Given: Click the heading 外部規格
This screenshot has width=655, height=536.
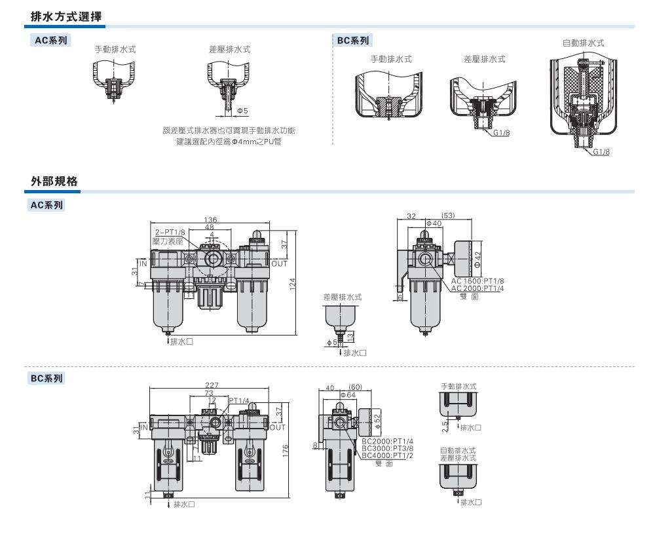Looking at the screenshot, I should pos(55,181).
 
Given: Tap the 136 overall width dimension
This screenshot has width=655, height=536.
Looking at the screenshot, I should pos(211,220).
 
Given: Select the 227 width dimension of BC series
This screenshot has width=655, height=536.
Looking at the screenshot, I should pos(212,385).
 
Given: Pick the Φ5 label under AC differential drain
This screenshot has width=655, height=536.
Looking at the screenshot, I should pos(241,110).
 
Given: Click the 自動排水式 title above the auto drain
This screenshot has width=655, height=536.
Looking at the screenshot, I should pos(583,43).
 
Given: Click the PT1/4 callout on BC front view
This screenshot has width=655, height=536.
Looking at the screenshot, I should pos(238,400).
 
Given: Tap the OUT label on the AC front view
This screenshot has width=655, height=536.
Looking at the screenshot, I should pos(280,264).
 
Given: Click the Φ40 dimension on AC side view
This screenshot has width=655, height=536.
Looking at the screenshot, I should pos(434,224).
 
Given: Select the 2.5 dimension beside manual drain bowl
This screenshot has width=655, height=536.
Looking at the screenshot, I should pos(445,426).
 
